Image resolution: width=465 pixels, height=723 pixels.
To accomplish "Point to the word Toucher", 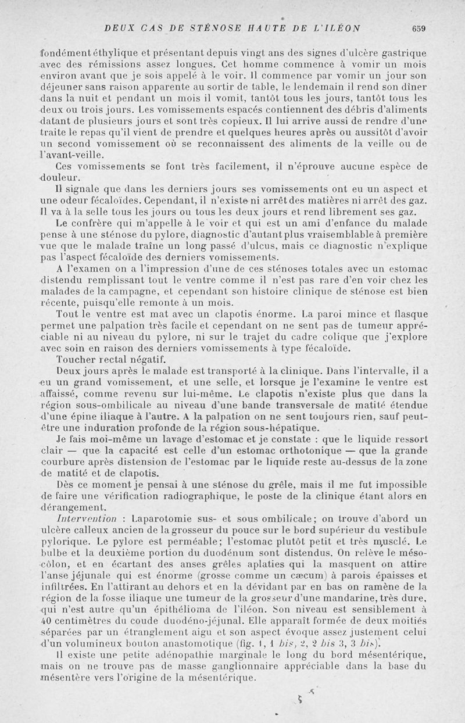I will pos(77,359).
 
